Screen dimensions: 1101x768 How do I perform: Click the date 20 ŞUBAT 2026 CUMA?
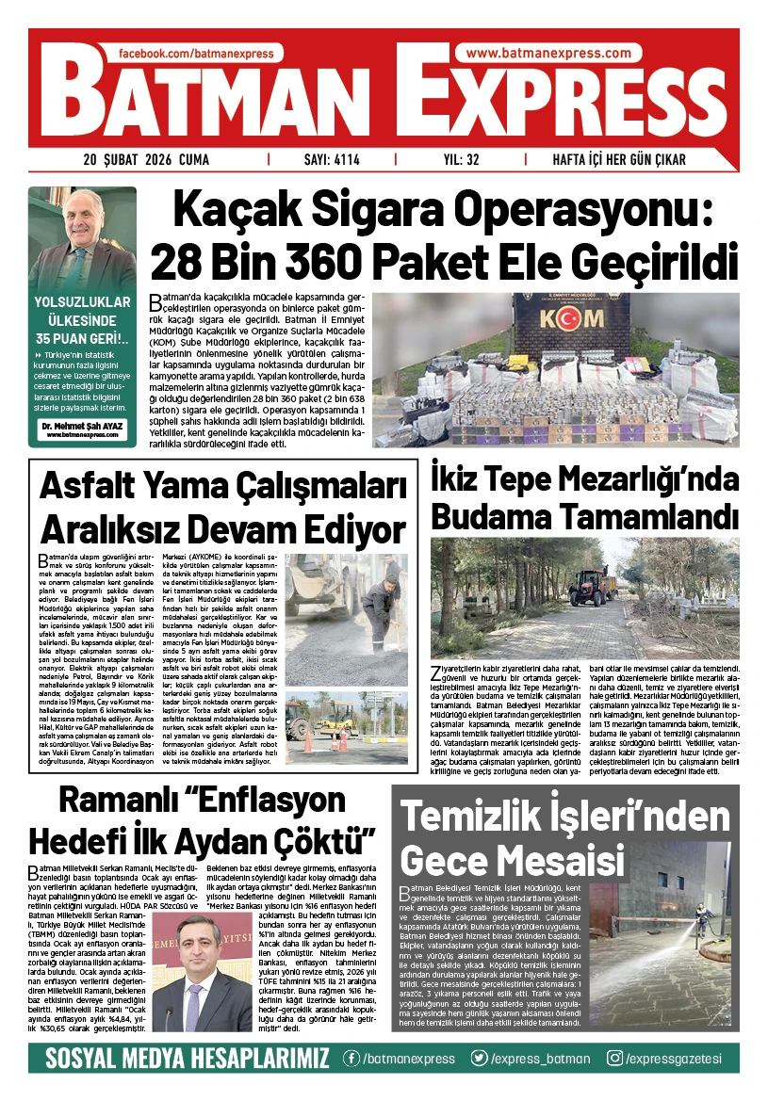pyautogui.click(x=146, y=159)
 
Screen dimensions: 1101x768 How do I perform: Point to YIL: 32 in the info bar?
pyautogui.click(x=461, y=159)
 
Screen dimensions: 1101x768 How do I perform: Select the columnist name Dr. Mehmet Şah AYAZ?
pyautogui.click(x=82, y=425)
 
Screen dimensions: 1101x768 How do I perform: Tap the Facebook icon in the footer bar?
pyautogui.click(x=351, y=1058)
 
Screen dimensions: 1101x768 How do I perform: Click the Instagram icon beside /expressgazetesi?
pyautogui.click(x=614, y=1058)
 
